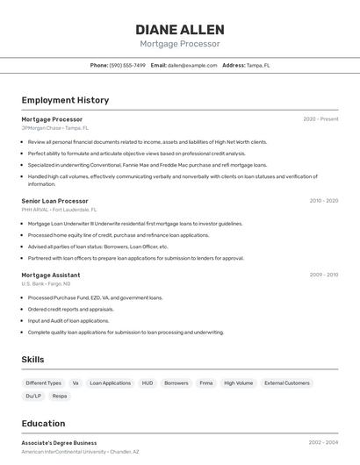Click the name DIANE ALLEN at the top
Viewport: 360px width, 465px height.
click(x=180, y=30)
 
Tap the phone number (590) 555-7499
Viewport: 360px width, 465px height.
click(x=127, y=65)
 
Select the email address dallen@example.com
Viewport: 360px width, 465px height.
click(x=192, y=65)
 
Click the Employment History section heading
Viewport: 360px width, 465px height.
click(x=65, y=100)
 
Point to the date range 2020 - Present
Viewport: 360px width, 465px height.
click(x=320, y=119)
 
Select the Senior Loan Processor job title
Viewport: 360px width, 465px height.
click(x=54, y=201)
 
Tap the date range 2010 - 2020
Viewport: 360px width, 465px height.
click(x=323, y=201)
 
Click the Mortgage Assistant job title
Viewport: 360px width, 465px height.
click(x=51, y=275)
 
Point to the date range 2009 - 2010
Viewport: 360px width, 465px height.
click(x=323, y=275)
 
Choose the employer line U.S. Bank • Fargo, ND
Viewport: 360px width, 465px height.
click(x=46, y=284)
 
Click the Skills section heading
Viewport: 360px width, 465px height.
click(x=32, y=360)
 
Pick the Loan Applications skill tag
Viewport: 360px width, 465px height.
click(x=110, y=383)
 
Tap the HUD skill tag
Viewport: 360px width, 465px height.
click(x=147, y=383)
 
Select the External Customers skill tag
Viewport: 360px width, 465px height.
click(x=286, y=383)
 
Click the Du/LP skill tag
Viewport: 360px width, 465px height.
click(x=32, y=397)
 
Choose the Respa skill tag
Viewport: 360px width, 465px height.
click(x=60, y=397)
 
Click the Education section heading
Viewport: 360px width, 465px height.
click(x=43, y=423)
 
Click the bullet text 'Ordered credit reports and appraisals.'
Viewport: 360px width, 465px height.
click(x=71, y=309)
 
